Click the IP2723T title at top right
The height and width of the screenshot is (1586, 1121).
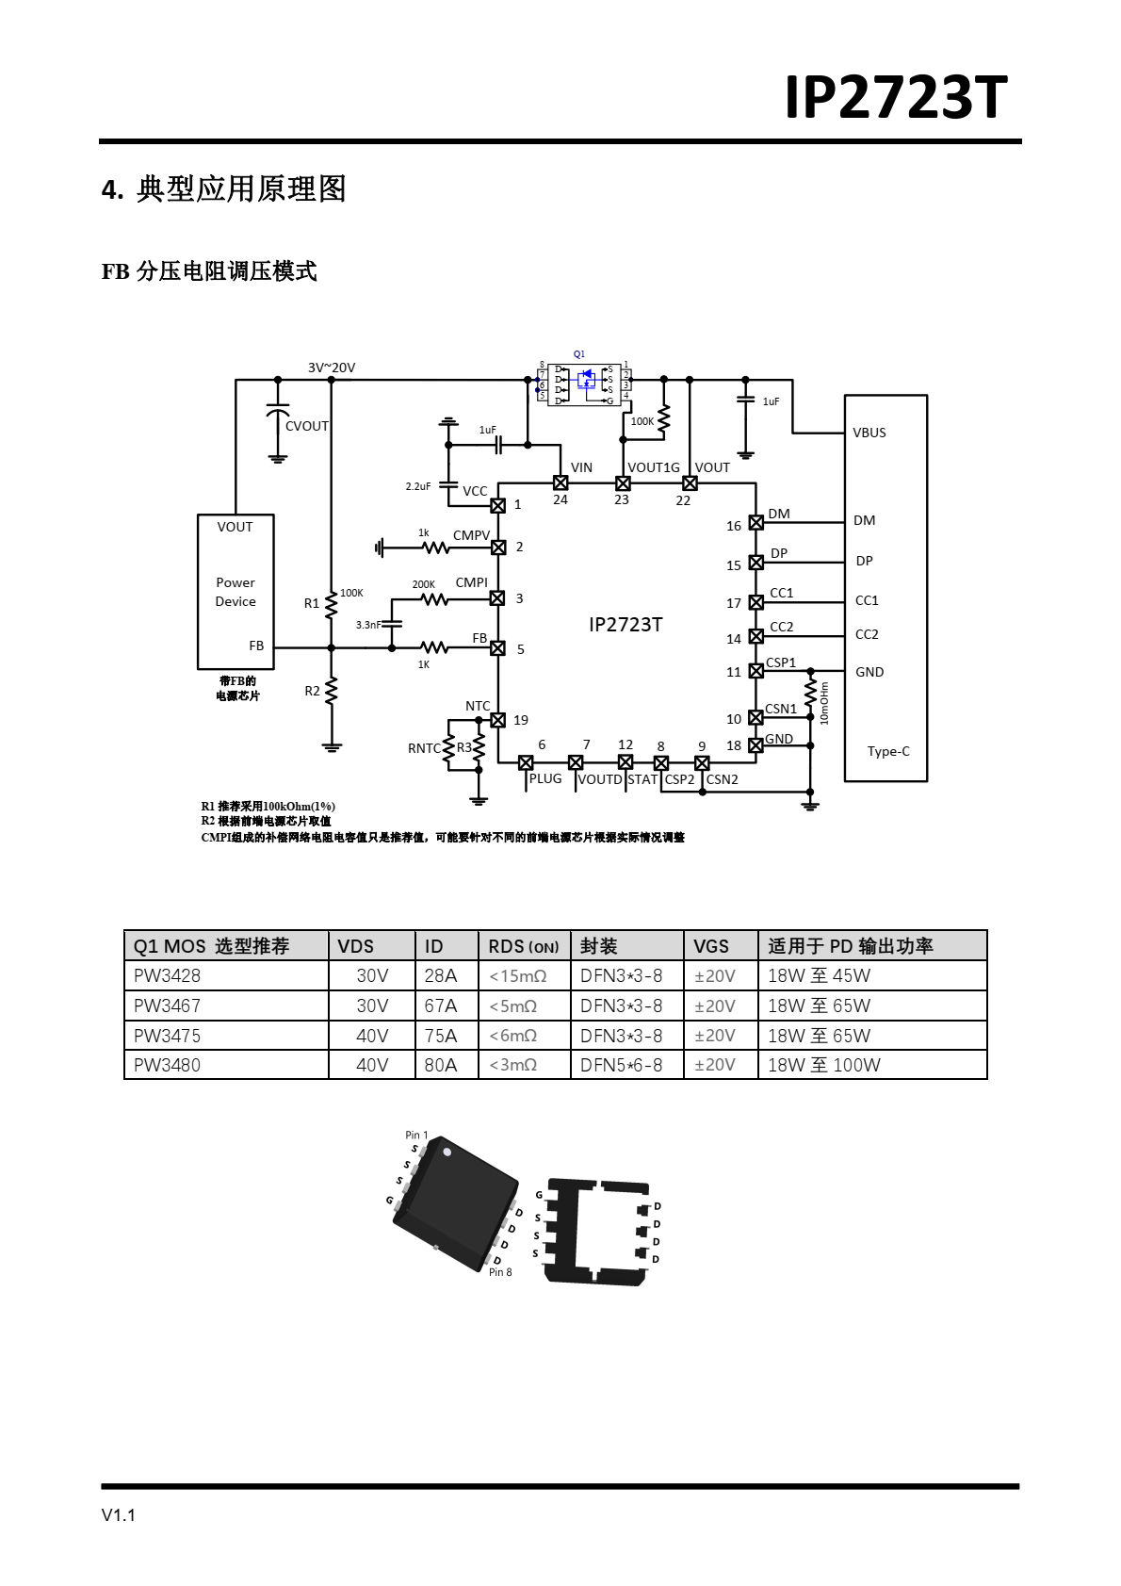click(x=896, y=97)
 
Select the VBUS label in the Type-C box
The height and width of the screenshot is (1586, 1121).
click(x=869, y=433)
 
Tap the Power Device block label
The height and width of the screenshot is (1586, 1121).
click(x=236, y=592)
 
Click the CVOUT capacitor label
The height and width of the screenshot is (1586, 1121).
click(x=307, y=426)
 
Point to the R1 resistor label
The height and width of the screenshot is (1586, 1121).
click(x=312, y=603)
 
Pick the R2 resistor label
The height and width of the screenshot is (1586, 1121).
click(x=313, y=691)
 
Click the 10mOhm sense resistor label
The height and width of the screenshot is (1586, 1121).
click(x=824, y=703)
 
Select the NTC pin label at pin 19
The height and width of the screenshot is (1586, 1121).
click(x=478, y=706)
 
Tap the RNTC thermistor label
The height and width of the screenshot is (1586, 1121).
click(x=424, y=748)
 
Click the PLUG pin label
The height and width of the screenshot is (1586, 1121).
click(x=545, y=778)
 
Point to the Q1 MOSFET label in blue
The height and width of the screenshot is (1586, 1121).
click(x=579, y=354)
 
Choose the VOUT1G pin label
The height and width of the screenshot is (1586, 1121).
click(x=654, y=467)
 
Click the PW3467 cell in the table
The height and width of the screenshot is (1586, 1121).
click(x=167, y=1006)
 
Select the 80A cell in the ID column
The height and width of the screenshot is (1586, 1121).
click(x=440, y=1065)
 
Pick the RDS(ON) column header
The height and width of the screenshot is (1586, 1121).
click(x=523, y=946)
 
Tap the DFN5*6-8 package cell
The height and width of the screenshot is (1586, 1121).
click(x=621, y=1065)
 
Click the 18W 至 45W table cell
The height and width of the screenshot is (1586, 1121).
click(x=819, y=975)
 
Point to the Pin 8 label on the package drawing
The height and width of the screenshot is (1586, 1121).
click(x=500, y=1272)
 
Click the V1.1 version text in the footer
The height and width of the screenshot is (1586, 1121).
click(x=119, y=1515)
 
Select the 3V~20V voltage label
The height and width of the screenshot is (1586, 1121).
click(x=332, y=368)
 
